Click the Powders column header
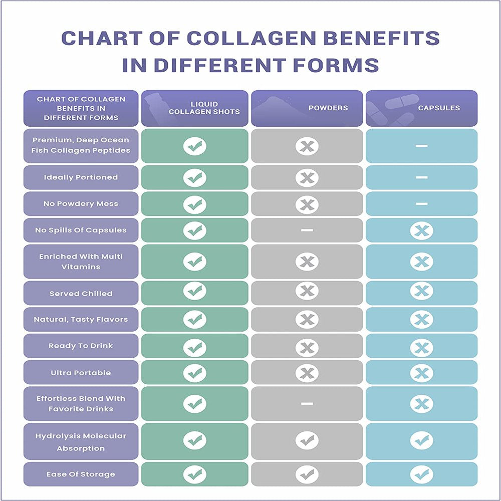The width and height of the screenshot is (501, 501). (x=328, y=108)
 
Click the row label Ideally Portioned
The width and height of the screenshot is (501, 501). (x=81, y=177)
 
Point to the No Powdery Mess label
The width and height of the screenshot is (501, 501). (x=81, y=204)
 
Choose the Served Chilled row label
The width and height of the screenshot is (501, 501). (x=81, y=294)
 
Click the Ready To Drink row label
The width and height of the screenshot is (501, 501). (x=81, y=346)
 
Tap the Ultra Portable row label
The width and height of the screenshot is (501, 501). (x=81, y=373)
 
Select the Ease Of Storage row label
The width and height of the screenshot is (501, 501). (x=81, y=474)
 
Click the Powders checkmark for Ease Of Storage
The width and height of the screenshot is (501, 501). (x=307, y=474)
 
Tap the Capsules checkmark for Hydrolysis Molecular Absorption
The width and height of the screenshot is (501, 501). (x=421, y=440)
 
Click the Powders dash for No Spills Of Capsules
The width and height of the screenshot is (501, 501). (x=307, y=230)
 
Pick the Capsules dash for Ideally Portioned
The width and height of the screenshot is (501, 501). (x=421, y=177)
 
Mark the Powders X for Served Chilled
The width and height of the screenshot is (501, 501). (x=307, y=292)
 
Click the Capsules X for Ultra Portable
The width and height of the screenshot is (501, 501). (x=421, y=373)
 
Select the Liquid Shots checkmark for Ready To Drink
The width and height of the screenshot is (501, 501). (x=194, y=346)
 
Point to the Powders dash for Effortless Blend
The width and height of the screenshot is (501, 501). (x=307, y=403)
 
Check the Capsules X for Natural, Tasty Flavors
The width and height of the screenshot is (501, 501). (x=421, y=319)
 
